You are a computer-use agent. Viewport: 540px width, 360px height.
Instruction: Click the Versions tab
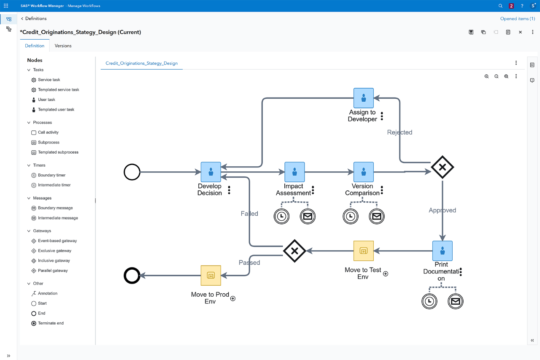[x=63, y=46]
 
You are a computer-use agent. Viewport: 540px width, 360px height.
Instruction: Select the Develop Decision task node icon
[x=211, y=172]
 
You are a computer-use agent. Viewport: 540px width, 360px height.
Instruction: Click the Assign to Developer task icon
[x=363, y=98]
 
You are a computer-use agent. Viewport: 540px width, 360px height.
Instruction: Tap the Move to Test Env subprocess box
[x=363, y=251]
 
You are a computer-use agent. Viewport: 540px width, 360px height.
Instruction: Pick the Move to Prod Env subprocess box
[x=211, y=276]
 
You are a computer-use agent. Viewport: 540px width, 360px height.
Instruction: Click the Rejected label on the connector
[x=400, y=133]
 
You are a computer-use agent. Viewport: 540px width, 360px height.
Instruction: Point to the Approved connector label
[x=442, y=210]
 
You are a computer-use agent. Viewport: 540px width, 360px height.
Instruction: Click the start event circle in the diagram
[x=132, y=172]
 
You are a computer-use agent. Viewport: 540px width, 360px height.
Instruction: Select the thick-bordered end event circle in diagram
[x=132, y=276]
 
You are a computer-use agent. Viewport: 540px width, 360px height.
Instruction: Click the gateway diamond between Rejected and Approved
[x=442, y=168]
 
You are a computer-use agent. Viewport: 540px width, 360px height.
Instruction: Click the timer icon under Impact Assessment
[x=281, y=217]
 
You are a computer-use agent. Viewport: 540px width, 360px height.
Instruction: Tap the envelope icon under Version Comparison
[x=377, y=217]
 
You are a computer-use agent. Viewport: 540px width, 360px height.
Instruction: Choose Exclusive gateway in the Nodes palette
[x=54, y=251]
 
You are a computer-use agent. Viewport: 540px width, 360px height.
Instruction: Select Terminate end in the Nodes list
[x=51, y=323]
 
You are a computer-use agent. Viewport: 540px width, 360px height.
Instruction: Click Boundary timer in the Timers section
[x=51, y=175]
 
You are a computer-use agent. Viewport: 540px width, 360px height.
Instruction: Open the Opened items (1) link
[x=517, y=19]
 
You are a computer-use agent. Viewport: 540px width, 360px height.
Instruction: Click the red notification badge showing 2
[x=511, y=6]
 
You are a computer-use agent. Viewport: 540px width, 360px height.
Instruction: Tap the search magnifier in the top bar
[x=500, y=6]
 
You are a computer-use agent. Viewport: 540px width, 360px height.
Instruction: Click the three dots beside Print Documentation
[x=461, y=272]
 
